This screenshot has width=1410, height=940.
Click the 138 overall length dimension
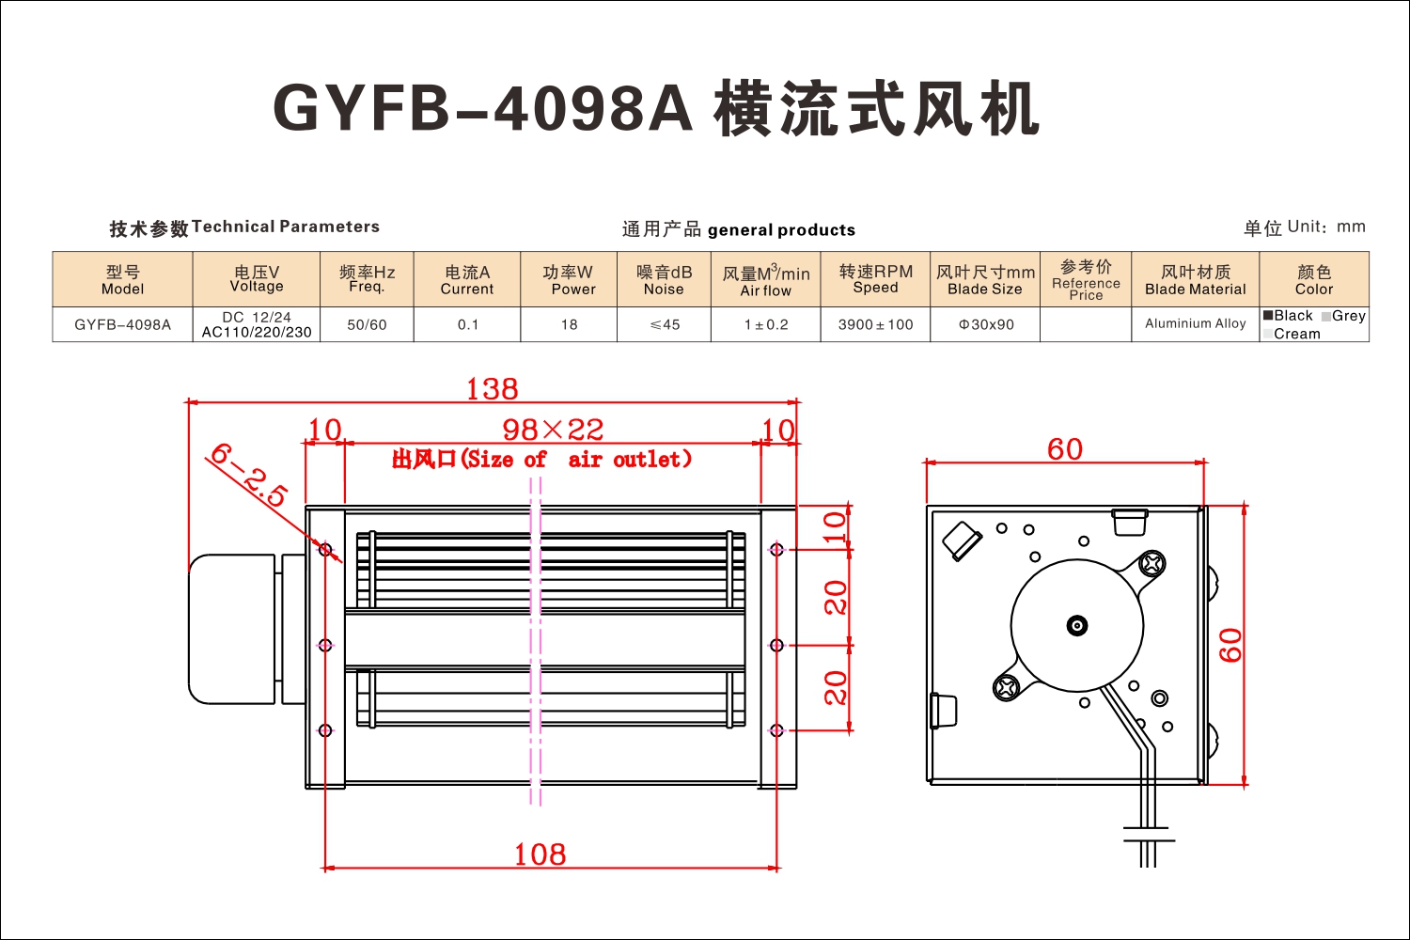click(x=492, y=388)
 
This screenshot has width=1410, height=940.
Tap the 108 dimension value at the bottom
click(x=540, y=854)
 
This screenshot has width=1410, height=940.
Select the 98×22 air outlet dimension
click(x=553, y=430)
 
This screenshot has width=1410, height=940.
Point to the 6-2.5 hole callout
click(x=249, y=474)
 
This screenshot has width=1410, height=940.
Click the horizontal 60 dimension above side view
click(x=1065, y=449)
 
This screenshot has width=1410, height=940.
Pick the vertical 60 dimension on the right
click(x=1230, y=646)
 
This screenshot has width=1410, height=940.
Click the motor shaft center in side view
click(x=1077, y=626)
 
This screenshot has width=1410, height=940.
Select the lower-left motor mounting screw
click(x=1005, y=687)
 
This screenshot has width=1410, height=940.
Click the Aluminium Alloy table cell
click(x=1196, y=324)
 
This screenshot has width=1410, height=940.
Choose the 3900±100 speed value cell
click(x=875, y=325)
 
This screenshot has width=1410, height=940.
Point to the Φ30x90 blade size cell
click(x=985, y=325)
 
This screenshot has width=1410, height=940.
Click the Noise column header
click(x=664, y=279)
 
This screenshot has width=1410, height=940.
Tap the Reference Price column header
click(x=1086, y=279)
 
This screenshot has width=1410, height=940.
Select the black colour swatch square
click(x=1268, y=315)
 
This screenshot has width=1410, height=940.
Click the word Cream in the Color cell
click(x=1296, y=334)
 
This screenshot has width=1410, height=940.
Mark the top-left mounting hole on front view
click(x=325, y=550)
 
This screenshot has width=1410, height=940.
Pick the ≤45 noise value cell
click(x=664, y=325)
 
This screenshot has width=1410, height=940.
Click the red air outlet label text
click(x=541, y=459)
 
